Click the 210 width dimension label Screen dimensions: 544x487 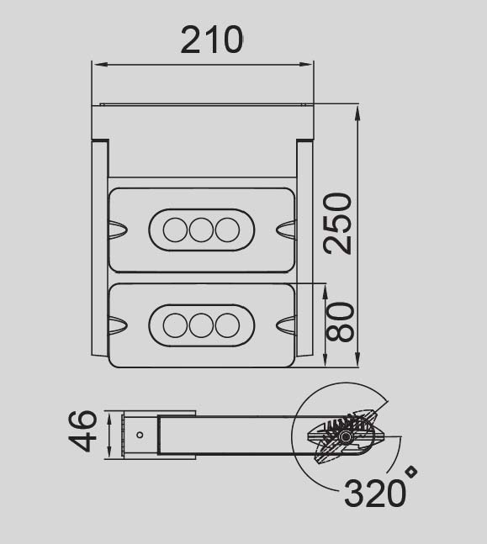pos(212,39)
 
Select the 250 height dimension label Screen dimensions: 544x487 pos(337,223)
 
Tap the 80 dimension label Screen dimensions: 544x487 pos(339,321)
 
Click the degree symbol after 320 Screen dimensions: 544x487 pos(412,473)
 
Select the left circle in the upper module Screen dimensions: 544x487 pos(175,230)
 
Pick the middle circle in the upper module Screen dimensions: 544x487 pos(201,230)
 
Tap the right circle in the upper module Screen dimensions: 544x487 pos(227,230)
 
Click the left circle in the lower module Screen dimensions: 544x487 pos(175,325)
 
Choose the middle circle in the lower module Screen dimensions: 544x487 pos(201,325)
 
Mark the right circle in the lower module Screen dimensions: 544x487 pos(227,325)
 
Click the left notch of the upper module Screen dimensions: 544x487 pos(117,229)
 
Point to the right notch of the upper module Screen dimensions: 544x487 pos(286,229)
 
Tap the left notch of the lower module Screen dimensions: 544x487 pos(117,324)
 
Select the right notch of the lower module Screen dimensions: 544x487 pos(286,324)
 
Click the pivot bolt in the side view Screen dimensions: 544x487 pos(346,437)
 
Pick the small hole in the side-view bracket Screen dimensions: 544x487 pos(140,435)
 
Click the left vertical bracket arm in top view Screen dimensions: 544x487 pos(100,248)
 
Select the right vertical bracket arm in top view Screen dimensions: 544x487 pos(304,248)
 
